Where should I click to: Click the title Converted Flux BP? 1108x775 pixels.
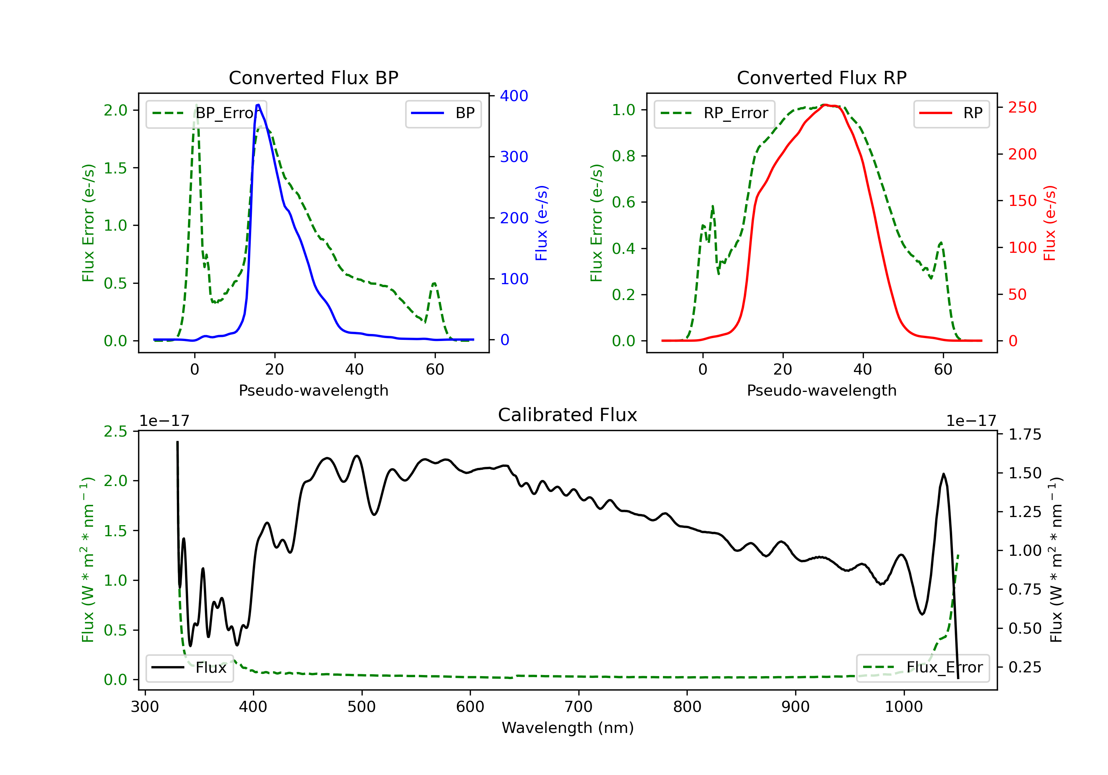point(314,77)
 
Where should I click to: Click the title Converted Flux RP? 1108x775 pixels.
point(822,77)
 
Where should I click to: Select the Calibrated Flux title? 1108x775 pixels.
point(568,415)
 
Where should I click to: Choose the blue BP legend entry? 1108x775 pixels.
point(443,113)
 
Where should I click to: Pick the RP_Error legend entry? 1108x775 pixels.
point(714,113)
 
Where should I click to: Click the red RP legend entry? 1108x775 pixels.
point(951,113)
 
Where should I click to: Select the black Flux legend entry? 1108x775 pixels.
point(189,668)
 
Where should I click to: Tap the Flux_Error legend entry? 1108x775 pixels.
point(923,668)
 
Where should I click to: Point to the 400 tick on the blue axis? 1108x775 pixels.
point(514,96)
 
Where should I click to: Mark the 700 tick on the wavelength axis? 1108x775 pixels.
point(579,707)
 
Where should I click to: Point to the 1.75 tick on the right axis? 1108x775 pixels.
point(1025,434)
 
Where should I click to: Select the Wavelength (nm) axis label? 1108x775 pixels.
point(568,728)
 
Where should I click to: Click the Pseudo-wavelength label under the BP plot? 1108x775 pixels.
point(314,390)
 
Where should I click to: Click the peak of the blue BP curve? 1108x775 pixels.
point(258,105)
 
